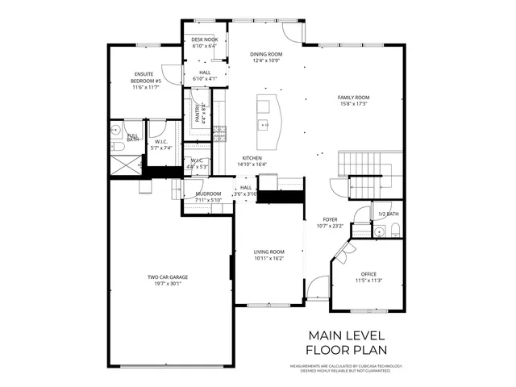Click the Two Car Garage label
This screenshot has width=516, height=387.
tap(167, 277)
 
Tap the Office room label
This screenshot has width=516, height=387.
tap(368, 276)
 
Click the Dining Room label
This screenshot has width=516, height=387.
tap(265, 55)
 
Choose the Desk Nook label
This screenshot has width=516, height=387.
tap(205, 40)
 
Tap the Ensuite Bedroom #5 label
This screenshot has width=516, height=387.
tap(148, 81)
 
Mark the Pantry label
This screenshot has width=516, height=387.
tap(198, 113)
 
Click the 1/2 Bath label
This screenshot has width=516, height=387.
tap(388, 214)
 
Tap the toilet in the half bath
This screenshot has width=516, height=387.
tap(388, 232)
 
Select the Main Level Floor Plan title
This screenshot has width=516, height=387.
tap(347, 342)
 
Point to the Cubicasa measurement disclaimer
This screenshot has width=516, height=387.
tap(347, 368)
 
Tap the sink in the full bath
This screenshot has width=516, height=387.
tap(116, 129)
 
